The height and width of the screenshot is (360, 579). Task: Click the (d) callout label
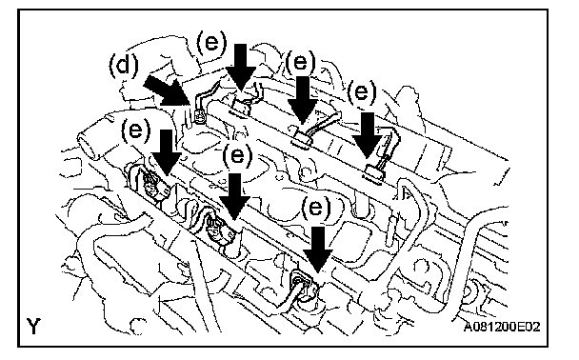pos(124,66)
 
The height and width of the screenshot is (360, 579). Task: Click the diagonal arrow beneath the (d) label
pos(166,90)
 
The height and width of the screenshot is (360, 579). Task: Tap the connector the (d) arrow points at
pos(199,117)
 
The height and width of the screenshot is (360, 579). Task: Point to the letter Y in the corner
pos(33,326)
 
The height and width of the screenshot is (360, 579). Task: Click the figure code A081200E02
pos(502,327)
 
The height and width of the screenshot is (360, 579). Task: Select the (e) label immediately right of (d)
pos(211,43)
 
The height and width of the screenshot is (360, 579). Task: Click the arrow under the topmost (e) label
pos(240,68)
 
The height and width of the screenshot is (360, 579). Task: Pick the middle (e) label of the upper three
pos(301,61)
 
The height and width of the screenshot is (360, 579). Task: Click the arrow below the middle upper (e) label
pos(303,100)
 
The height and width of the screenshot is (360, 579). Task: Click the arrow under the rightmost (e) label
pos(367,135)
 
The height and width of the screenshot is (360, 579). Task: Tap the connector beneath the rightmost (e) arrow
pos(374,172)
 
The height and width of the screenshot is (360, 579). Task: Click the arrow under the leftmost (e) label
pos(167,152)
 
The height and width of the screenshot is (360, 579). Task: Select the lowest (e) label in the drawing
pos(316,207)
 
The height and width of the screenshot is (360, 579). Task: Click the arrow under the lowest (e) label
pos(317,250)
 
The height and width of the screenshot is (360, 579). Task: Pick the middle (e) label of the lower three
pos(237,155)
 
